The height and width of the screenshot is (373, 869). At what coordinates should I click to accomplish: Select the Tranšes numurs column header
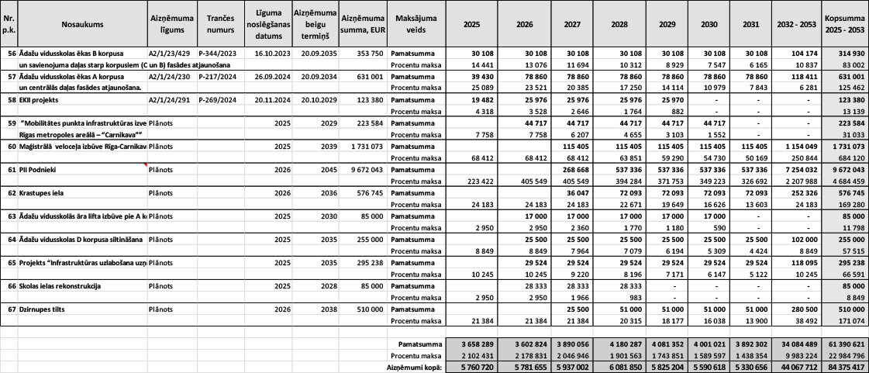click(x=216, y=24)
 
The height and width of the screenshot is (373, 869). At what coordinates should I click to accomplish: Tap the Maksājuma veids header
click(x=415, y=24)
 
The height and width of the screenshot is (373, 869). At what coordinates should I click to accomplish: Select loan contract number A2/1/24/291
click(x=170, y=100)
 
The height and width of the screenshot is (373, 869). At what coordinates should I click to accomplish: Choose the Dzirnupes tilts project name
click(x=45, y=309)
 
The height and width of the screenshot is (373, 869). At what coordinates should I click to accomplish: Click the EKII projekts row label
click(x=41, y=100)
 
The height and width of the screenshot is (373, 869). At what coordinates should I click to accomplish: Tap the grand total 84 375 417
click(x=845, y=368)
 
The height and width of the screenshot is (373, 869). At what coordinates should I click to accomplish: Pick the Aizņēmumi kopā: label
click(x=413, y=368)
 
